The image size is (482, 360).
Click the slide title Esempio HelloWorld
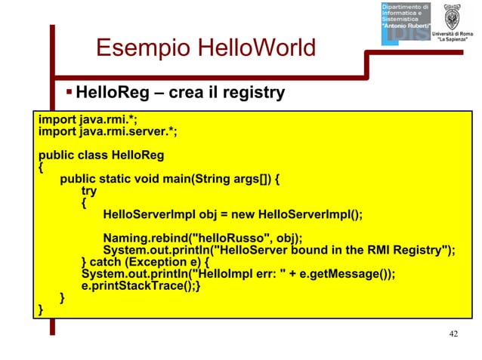click(x=205, y=49)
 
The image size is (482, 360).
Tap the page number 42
click(x=453, y=334)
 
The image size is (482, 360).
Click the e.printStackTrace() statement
click(x=141, y=287)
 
